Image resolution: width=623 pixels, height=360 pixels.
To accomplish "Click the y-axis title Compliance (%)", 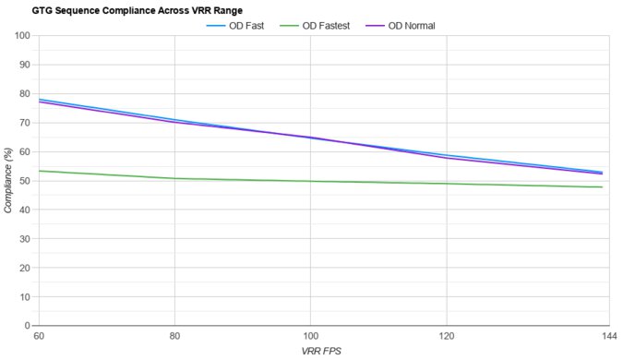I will coord(8,180).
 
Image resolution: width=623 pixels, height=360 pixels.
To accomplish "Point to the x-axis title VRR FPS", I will coord(322,352).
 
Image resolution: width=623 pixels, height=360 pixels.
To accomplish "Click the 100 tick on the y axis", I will coord(22,36).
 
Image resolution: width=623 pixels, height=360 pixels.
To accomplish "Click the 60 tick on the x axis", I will coord(38,336).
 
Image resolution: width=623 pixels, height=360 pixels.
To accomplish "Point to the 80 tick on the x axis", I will coord(174,336).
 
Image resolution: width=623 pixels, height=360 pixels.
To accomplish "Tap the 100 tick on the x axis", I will coord(311,336).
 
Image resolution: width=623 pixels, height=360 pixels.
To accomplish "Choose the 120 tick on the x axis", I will coord(448,336).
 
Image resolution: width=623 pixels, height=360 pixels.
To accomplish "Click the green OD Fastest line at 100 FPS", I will coord(311,181).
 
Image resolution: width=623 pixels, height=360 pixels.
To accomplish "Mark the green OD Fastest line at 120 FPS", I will coord(448,184).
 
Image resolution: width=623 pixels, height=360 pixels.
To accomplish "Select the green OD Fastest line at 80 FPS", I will coord(174,178).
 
